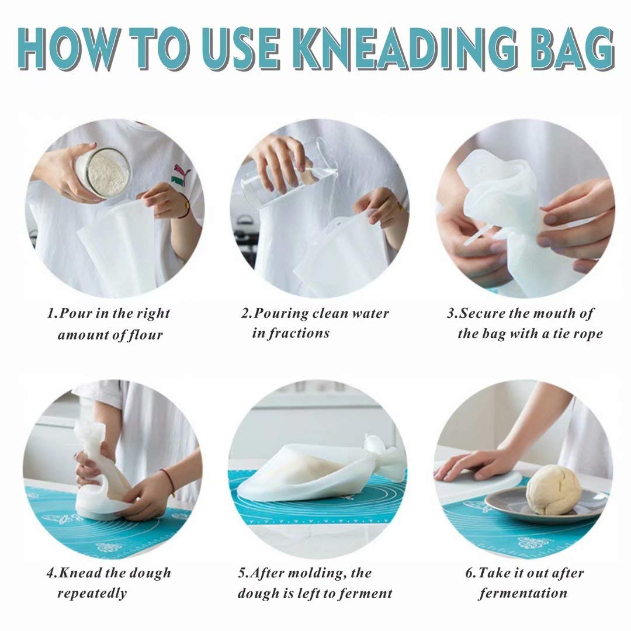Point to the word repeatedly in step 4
[x=92, y=594]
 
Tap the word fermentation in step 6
[x=523, y=594]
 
